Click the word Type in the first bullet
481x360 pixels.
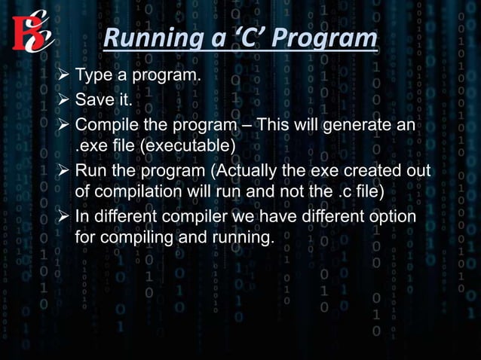pyautogui.click(x=92, y=77)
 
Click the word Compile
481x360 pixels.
pyautogui.click(x=105, y=124)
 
